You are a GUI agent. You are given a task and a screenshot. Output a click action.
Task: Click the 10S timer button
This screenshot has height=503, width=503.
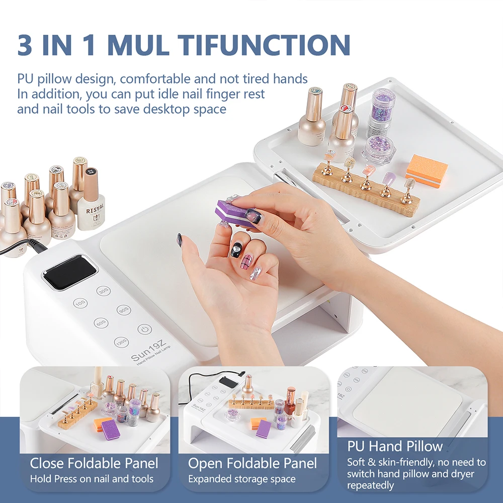tap(79, 303)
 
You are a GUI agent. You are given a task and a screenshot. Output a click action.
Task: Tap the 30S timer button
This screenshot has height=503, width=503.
tap(104, 291)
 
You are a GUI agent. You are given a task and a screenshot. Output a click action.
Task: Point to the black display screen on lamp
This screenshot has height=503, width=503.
tap(69, 272)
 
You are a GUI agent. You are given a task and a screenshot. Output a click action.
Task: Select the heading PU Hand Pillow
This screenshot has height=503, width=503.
tap(395, 446)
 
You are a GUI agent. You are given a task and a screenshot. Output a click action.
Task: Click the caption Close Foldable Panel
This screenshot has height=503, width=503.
tap(94, 463)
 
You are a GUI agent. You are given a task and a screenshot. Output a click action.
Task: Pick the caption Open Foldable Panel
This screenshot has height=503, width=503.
tap(253, 463)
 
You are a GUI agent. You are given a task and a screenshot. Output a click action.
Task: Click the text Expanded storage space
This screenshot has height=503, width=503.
tap(241, 479)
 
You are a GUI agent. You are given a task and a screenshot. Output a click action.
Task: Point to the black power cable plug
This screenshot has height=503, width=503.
tap(35, 245)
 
